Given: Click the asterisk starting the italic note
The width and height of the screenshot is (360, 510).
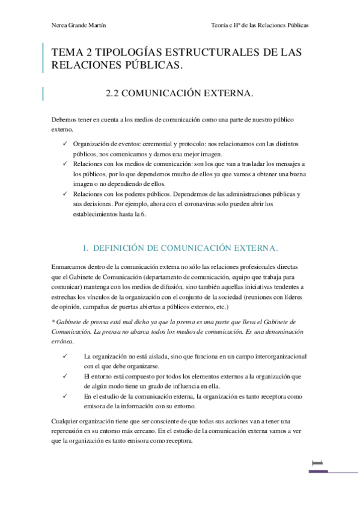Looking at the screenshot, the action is (53, 322).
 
